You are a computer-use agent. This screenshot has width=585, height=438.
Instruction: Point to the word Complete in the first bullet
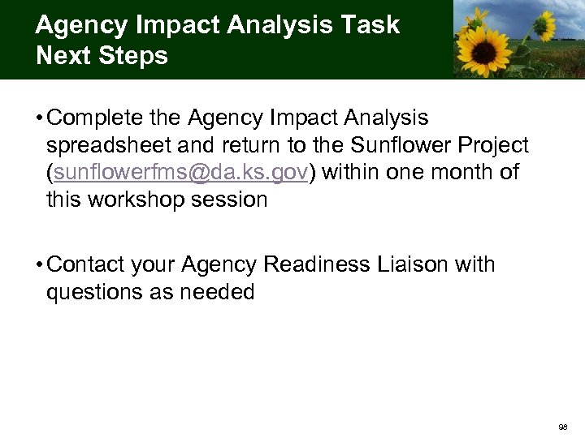(x=97, y=119)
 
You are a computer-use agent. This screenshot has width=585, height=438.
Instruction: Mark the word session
(x=232, y=200)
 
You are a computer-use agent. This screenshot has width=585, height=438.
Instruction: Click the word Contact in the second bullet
(x=89, y=265)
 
